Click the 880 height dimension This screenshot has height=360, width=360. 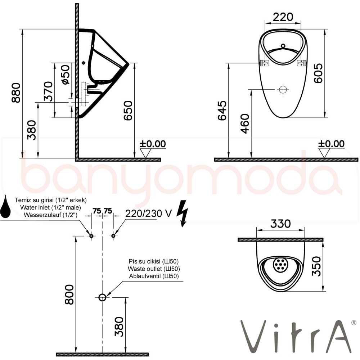pos(16,93)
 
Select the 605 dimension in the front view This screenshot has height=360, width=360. pos(318,73)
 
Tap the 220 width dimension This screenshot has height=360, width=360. pos(283,17)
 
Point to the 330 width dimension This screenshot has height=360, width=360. pos(280,224)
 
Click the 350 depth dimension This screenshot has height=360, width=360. pos(316,266)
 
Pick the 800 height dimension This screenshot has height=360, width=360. pos(69,294)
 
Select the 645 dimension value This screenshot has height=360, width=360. pos(222,111)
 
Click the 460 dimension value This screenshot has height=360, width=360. pos(245,123)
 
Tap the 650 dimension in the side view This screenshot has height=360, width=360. pos(128,111)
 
